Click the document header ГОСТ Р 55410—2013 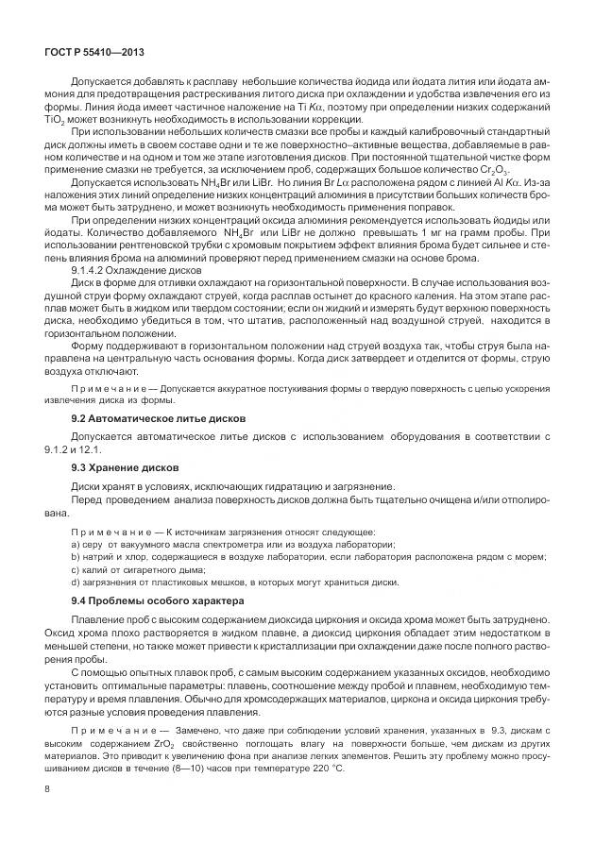[x=92, y=50]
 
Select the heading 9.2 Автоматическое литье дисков [x=145, y=418]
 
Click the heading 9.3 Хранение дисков [x=119, y=468]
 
